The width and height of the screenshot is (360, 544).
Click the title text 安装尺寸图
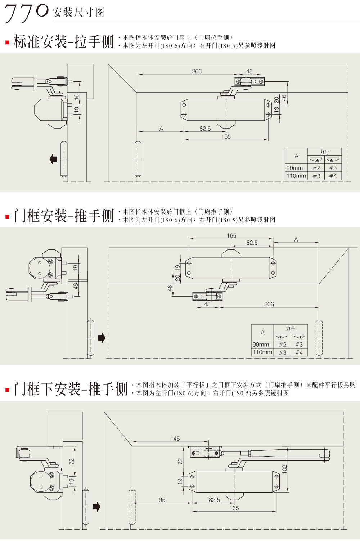click(x=78, y=13)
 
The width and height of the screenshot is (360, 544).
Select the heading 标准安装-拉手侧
click(x=64, y=41)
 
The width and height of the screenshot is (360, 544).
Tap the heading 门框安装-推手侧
click(x=64, y=216)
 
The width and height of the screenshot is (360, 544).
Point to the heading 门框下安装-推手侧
click(x=71, y=389)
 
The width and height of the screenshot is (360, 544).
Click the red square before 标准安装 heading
click(x=7, y=42)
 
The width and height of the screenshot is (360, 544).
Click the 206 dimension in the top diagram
click(x=197, y=71)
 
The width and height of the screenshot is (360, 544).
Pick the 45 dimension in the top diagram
click(x=249, y=71)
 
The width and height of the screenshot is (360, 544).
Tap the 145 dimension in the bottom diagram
click(x=175, y=439)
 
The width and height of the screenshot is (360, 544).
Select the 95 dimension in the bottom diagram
click(x=162, y=500)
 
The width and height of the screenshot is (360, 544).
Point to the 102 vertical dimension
click(x=284, y=469)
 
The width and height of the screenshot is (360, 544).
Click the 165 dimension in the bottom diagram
click(x=234, y=508)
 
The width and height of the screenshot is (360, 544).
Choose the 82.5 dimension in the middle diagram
click(x=252, y=243)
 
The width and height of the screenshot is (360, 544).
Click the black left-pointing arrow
click(x=53, y=159)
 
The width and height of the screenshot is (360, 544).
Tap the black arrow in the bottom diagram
click(x=96, y=507)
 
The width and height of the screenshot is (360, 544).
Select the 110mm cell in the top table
click(x=296, y=176)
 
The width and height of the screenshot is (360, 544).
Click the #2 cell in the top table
click(x=316, y=168)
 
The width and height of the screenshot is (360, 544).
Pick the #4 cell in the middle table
click(x=299, y=352)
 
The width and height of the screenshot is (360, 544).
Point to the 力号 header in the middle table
click(x=291, y=328)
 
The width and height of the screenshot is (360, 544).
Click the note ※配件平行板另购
click(x=331, y=385)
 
